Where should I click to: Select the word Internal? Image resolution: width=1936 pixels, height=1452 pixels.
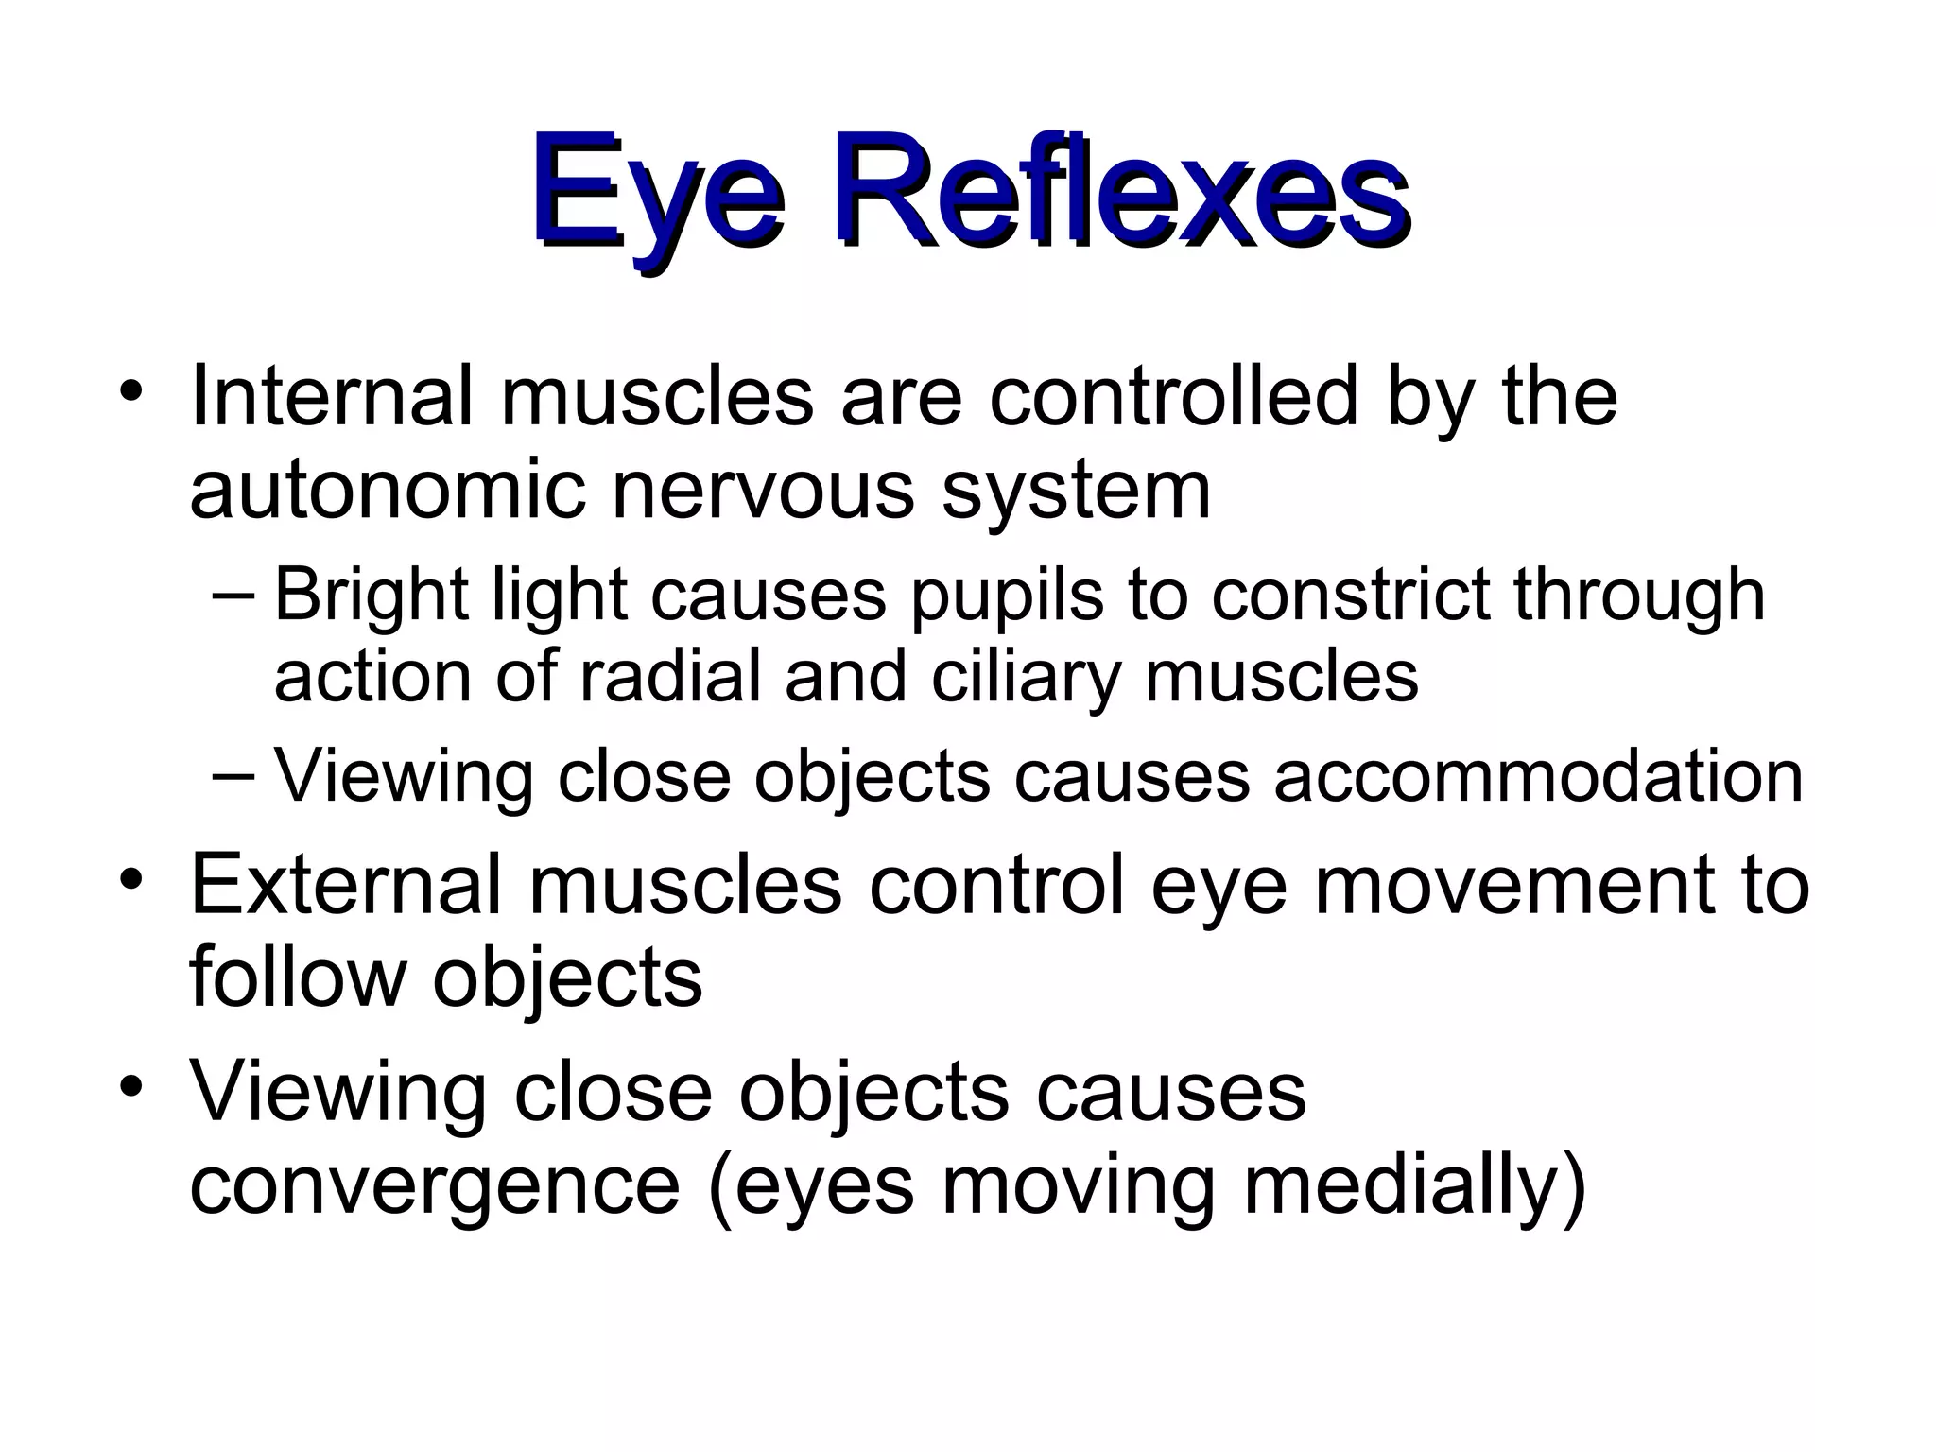pos(331,396)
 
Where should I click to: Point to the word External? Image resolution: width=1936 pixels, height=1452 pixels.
pos(346,885)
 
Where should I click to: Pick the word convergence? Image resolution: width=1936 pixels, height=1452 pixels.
pos(435,1187)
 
